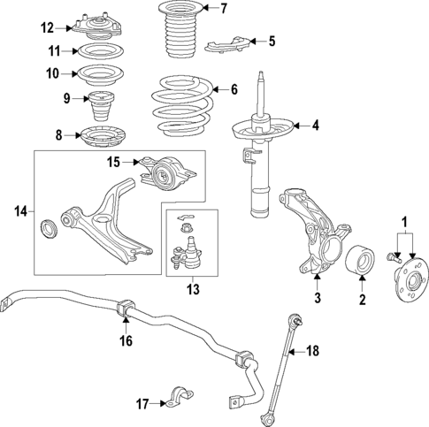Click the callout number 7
point(223,10)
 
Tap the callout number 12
point(48,27)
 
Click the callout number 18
point(310,351)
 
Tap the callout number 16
point(126,339)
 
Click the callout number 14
point(22,210)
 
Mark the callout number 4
point(314,126)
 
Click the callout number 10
point(53,73)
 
